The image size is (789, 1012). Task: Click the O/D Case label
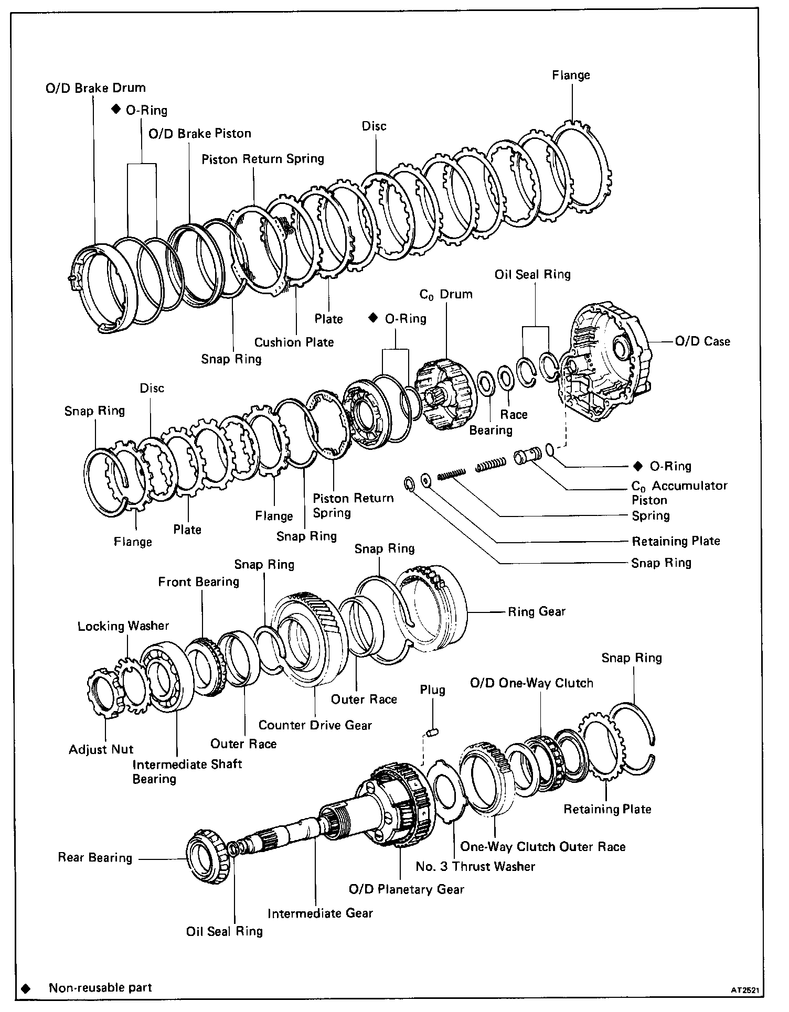click(x=702, y=341)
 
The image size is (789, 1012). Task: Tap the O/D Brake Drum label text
click(x=95, y=88)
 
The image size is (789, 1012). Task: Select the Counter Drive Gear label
click(x=315, y=725)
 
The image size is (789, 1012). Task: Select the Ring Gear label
click(x=536, y=611)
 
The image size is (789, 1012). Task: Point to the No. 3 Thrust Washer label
click(x=475, y=866)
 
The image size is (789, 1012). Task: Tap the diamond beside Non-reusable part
click(x=25, y=988)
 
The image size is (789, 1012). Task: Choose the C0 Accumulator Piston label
click(x=679, y=492)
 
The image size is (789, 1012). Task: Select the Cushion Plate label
click(x=294, y=342)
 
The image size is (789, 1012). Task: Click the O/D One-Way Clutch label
click(x=531, y=683)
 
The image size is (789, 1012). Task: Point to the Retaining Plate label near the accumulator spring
click(x=676, y=541)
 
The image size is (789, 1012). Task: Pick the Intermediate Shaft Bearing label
click(x=187, y=771)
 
